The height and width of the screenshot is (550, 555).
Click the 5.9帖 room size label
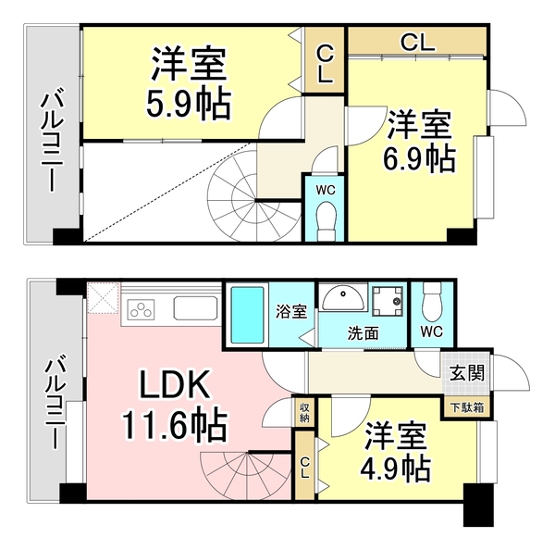point(188,102)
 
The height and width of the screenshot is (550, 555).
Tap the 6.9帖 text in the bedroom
point(419,158)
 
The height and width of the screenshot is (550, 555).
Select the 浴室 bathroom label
point(291,312)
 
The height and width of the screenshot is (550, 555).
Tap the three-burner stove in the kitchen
point(143,309)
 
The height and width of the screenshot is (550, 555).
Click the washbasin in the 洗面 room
point(343,298)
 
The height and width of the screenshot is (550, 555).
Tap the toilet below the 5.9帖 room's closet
point(325,219)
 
